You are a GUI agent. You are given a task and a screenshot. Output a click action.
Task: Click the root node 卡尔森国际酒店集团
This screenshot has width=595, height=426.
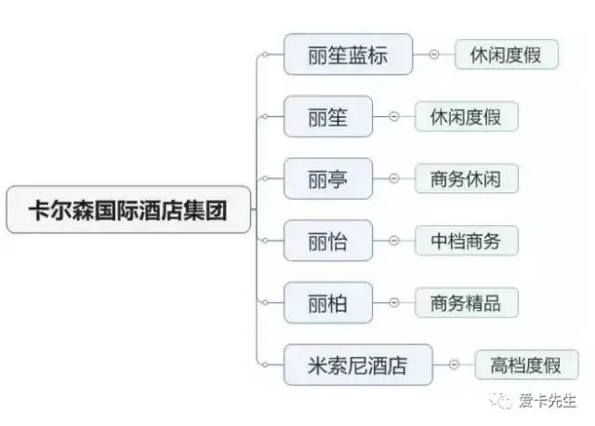129,210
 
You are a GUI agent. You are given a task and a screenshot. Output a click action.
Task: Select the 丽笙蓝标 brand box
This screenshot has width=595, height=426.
349,55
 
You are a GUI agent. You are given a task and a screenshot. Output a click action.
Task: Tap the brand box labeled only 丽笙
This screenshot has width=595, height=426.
328,117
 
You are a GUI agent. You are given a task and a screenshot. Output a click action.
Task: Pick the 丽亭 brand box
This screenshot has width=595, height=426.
328,179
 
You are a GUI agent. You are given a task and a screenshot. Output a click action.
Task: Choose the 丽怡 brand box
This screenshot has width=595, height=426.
328,241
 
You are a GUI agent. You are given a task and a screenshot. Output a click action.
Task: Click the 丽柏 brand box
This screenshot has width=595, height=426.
328,302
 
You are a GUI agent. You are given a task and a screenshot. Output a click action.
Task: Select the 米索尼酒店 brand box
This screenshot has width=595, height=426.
358,365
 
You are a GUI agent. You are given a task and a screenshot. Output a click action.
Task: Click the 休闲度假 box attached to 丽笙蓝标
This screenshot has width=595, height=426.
507,55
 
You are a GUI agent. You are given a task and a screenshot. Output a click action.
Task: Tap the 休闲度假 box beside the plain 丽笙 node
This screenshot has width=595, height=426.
466,117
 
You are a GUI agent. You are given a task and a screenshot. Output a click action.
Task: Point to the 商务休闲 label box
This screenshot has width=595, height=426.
466,179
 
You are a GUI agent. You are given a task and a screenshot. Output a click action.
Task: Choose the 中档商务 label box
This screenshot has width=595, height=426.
466,241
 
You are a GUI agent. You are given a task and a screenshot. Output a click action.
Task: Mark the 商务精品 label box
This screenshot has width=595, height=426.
466,302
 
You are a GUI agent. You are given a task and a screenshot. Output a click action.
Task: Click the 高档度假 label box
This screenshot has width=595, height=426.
526,365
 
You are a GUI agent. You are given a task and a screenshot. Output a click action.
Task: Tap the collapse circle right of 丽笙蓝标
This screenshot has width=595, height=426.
434,55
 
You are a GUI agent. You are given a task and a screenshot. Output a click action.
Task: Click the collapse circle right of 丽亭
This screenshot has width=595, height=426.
393,179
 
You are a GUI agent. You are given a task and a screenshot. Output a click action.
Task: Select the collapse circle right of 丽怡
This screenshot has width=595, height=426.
393,241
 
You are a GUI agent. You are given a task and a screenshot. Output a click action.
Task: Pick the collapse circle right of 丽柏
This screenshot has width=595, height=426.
393,302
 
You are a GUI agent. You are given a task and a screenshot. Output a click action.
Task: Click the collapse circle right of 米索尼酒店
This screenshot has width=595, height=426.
454,365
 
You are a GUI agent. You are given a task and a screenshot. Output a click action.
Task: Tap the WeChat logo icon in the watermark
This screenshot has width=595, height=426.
503,401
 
